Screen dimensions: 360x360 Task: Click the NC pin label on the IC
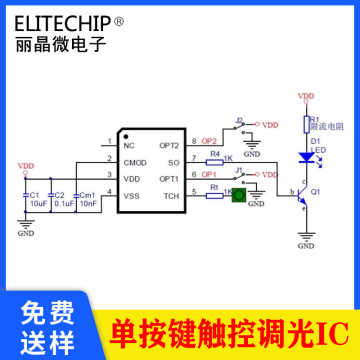coord(128,146)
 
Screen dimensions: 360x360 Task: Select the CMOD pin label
coord(135,162)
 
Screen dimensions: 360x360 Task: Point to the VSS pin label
coord(131,195)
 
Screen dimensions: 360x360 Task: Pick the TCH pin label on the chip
coord(170,195)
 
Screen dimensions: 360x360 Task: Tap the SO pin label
coord(172,162)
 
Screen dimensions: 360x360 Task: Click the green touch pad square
coord(238,196)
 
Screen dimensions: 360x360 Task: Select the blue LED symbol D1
coord(307,156)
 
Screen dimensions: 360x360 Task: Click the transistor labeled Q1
coord(303,193)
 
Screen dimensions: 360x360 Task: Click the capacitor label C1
coord(35,195)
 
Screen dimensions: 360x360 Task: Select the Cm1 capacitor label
coord(88,195)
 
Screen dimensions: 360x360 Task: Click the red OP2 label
coord(208,141)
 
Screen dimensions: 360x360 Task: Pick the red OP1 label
coord(208,173)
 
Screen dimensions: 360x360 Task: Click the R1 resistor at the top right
coord(307,124)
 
